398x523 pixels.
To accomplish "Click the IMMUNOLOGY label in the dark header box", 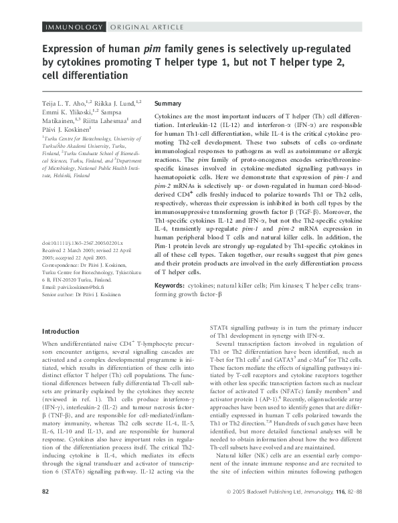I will pos(72,27).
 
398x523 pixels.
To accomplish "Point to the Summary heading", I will pos(168,104).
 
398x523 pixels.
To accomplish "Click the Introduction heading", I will pos(64,331).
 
